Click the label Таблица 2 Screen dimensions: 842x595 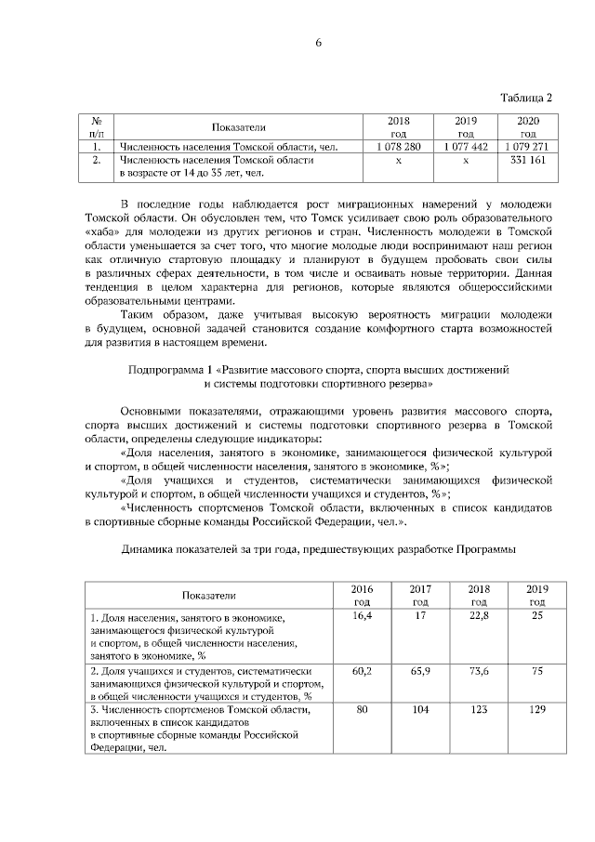(526, 98)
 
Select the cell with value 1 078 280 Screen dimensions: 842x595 (399, 147)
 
